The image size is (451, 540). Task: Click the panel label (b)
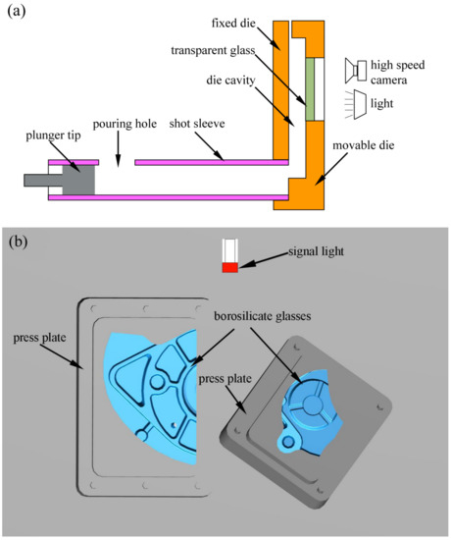click(17, 240)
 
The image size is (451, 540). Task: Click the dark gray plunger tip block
click(76, 182)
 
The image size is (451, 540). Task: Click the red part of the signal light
click(229, 267)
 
